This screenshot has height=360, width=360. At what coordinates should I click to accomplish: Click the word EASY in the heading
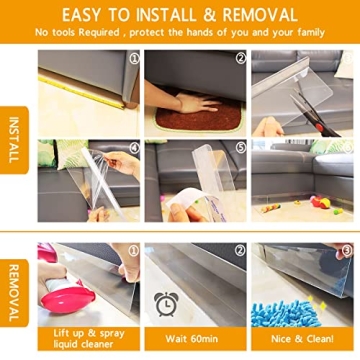[x=88, y=14]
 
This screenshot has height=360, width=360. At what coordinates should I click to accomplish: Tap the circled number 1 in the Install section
[x=132, y=57]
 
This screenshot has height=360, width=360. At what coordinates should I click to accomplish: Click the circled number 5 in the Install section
[x=240, y=147]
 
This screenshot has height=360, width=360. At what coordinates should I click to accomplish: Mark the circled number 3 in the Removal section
[x=346, y=250]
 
